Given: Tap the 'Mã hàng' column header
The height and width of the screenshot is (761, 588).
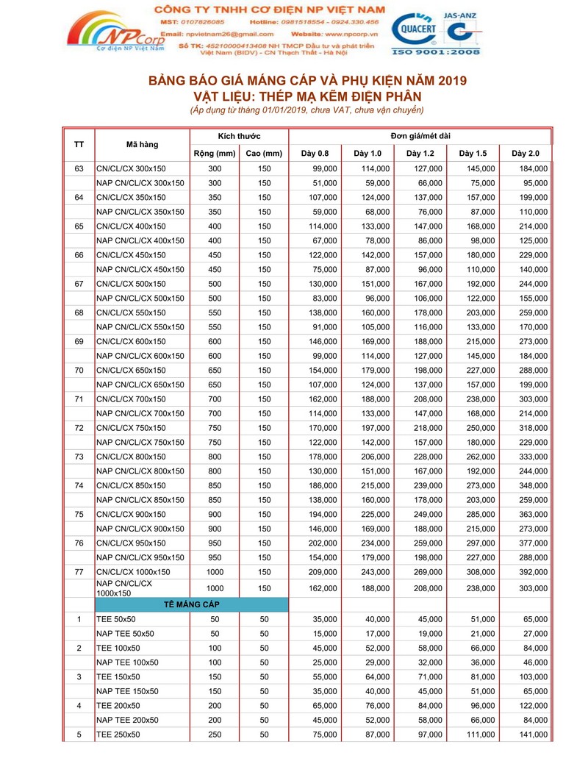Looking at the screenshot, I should [x=142, y=144].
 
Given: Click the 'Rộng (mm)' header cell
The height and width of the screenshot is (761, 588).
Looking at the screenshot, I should [x=214, y=153].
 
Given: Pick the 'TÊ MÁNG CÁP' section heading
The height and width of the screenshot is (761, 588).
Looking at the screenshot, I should [x=191, y=604].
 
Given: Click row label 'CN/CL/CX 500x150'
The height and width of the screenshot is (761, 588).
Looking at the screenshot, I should [x=131, y=284].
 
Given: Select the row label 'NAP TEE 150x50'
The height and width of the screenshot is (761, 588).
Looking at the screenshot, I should [x=127, y=691].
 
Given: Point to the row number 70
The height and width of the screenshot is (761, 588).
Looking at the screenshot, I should [x=79, y=371].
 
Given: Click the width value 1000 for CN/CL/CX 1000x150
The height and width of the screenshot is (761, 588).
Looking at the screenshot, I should [x=215, y=572].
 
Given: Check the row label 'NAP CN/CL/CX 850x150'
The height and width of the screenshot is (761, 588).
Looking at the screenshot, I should [x=140, y=500].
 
